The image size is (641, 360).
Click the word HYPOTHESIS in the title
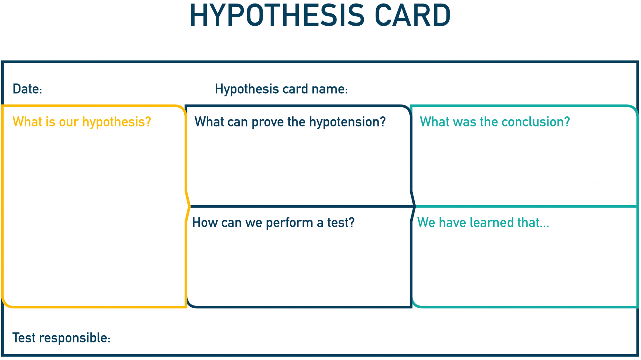[x=277, y=15]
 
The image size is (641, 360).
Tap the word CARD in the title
[x=412, y=15]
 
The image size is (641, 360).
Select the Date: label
[x=27, y=89]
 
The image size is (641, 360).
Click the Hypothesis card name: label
[x=281, y=89]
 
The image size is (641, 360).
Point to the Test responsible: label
[x=61, y=338]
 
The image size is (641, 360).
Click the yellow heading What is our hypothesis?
[x=82, y=122]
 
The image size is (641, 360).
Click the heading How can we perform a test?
[x=273, y=222]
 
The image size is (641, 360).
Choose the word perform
[x=289, y=223]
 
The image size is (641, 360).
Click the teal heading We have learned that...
[x=483, y=222]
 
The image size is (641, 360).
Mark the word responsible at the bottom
[x=75, y=339]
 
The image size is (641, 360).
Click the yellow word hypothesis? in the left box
[x=117, y=122]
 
